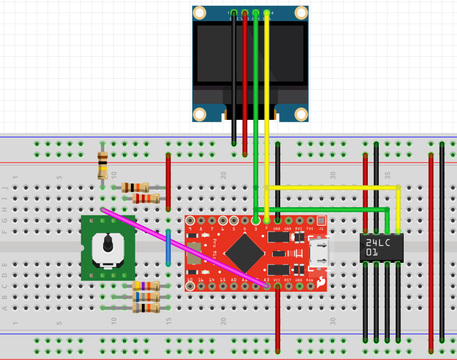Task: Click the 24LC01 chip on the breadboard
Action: pos(381,247)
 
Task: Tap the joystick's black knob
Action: pos(108,244)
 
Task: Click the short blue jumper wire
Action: pos(168,247)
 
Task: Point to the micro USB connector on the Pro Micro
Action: pos(319,253)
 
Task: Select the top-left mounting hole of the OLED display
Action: pos(199,13)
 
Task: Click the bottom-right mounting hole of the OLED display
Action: pos(301,115)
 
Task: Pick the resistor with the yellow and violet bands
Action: pos(146,286)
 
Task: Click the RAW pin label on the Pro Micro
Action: pos(310,280)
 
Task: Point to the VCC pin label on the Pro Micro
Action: pos(277,280)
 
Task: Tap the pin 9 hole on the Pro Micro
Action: pos(190,221)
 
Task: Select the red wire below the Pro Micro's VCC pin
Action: pos(277,318)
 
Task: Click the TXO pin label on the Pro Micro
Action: pos(310,229)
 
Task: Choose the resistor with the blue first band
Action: pos(146,307)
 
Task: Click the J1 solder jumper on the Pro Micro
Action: pos(321,221)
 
